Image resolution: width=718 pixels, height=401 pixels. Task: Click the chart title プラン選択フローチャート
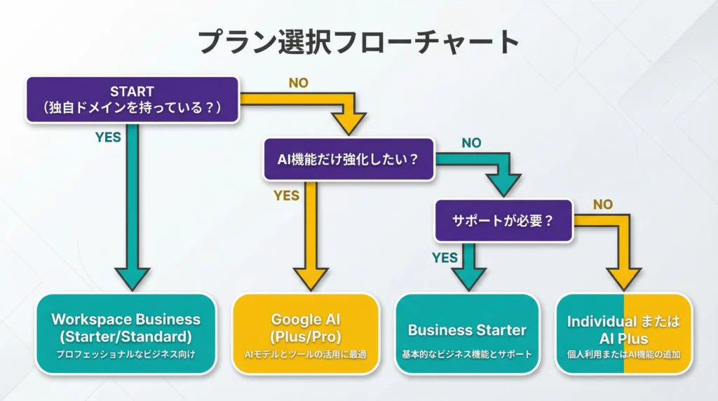pos(358,43)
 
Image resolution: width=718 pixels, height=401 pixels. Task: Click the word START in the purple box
pos(132,91)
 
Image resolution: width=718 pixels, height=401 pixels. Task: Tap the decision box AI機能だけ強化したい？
pos(348,159)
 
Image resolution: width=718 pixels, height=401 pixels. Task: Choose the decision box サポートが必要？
pos(503,219)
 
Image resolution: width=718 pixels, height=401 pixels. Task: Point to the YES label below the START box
pos(108,137)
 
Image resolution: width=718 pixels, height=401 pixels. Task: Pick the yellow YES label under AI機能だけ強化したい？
pos(286,196)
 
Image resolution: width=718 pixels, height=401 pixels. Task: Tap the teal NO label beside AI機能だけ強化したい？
pos(471,143)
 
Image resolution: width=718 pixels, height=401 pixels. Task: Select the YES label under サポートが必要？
pos(445,257)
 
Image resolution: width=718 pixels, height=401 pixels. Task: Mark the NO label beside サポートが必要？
pos(602,204)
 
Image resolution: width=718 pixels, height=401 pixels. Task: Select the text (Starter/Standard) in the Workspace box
pos(126,336)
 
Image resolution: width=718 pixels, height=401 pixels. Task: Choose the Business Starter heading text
pos(467,329)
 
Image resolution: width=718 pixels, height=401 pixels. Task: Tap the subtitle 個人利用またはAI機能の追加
pos(623,355)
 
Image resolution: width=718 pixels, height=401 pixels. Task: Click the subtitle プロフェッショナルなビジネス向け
pos(126,355)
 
